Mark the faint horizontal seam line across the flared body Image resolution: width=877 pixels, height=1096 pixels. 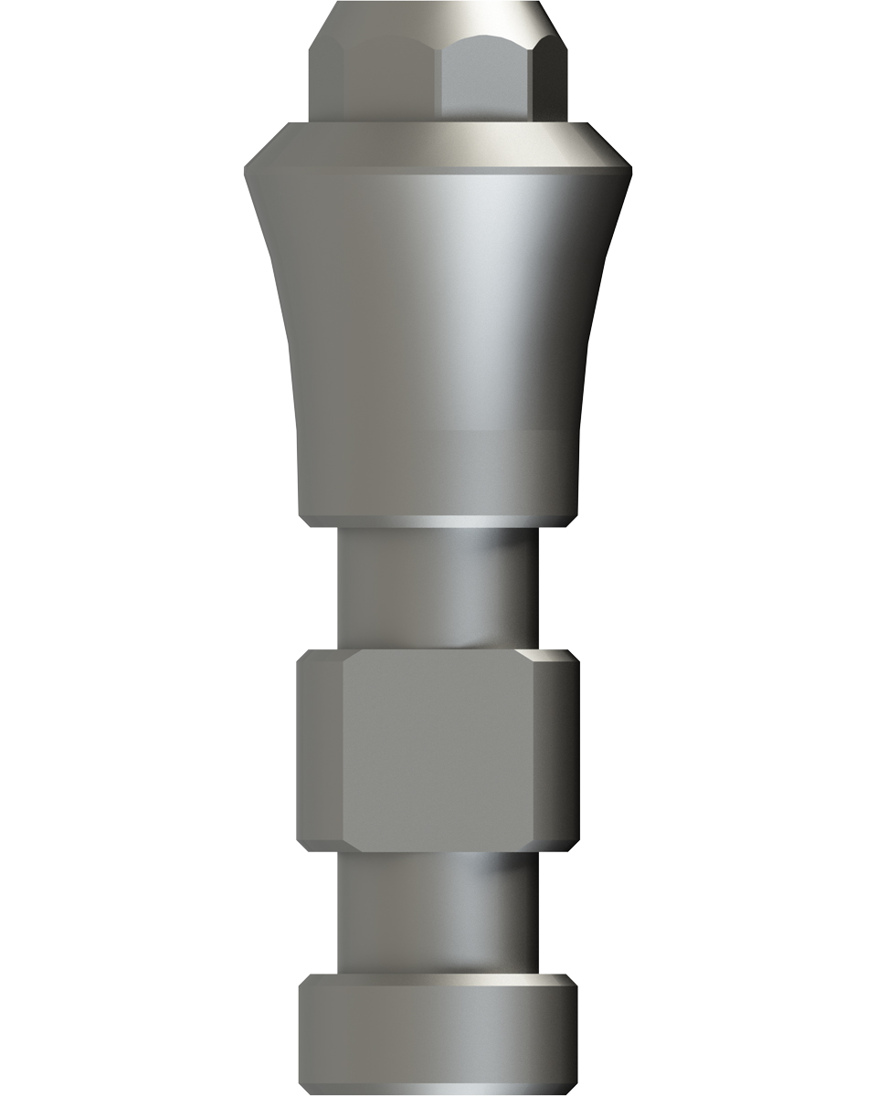438,427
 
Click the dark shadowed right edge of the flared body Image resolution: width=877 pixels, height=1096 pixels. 594,347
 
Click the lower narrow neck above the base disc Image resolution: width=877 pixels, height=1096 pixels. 438,913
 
